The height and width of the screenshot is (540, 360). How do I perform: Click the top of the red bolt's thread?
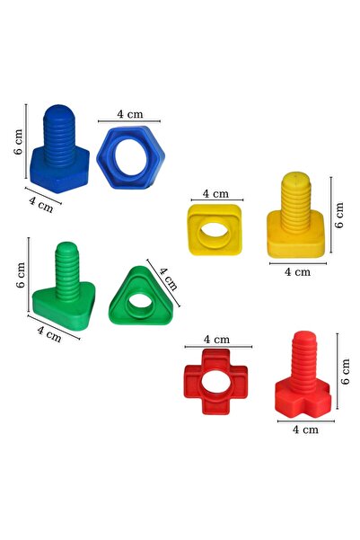304,336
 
